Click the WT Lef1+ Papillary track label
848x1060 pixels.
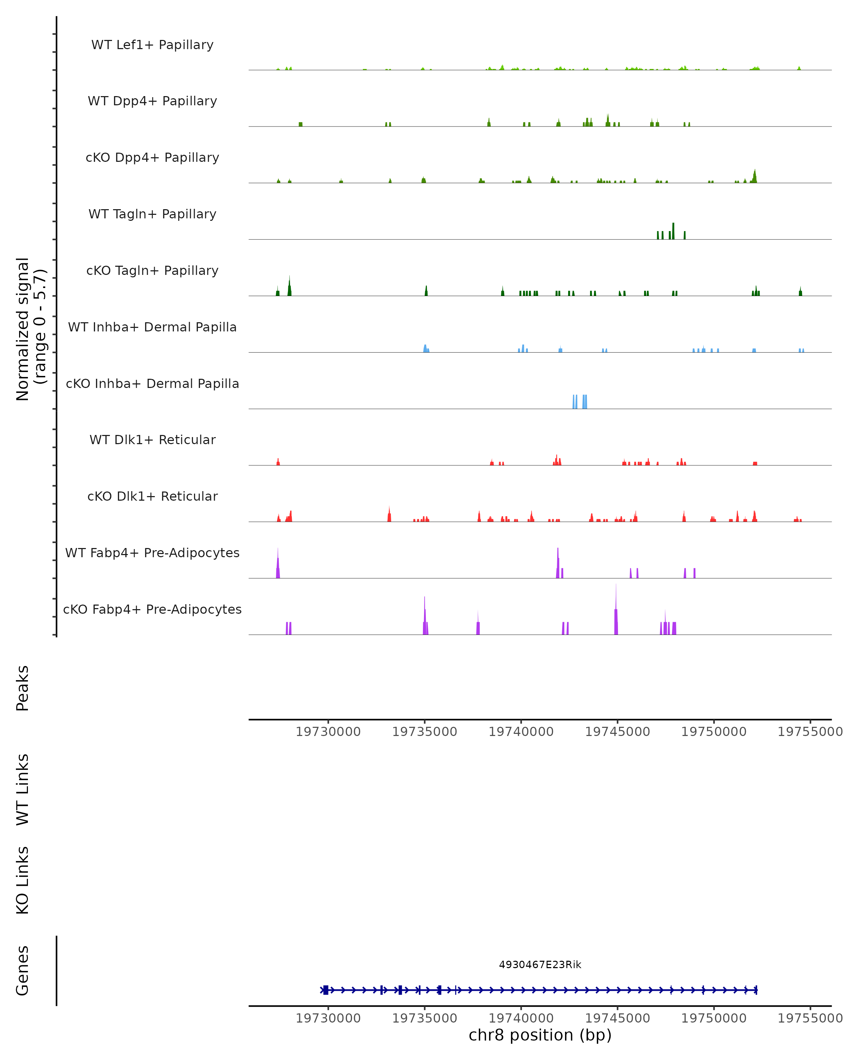point(152,45)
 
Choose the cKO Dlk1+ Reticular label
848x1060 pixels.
point(152,496)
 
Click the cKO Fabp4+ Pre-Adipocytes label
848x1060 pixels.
point(152,609)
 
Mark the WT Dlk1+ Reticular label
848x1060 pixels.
point(152,440)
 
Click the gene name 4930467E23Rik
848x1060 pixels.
point(540,965)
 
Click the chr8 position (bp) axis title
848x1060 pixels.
point(540,1035)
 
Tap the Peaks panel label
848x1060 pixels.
point(23,688)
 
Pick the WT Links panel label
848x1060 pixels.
point(23,789)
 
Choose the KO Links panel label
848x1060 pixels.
point(23,880)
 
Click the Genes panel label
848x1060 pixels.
point(23,971)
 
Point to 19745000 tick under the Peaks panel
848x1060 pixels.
point(617,732)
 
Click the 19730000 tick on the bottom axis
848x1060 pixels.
point(328,1018)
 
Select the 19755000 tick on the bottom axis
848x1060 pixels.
point(809,1018)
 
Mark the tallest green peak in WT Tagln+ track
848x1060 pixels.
point(673,231)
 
